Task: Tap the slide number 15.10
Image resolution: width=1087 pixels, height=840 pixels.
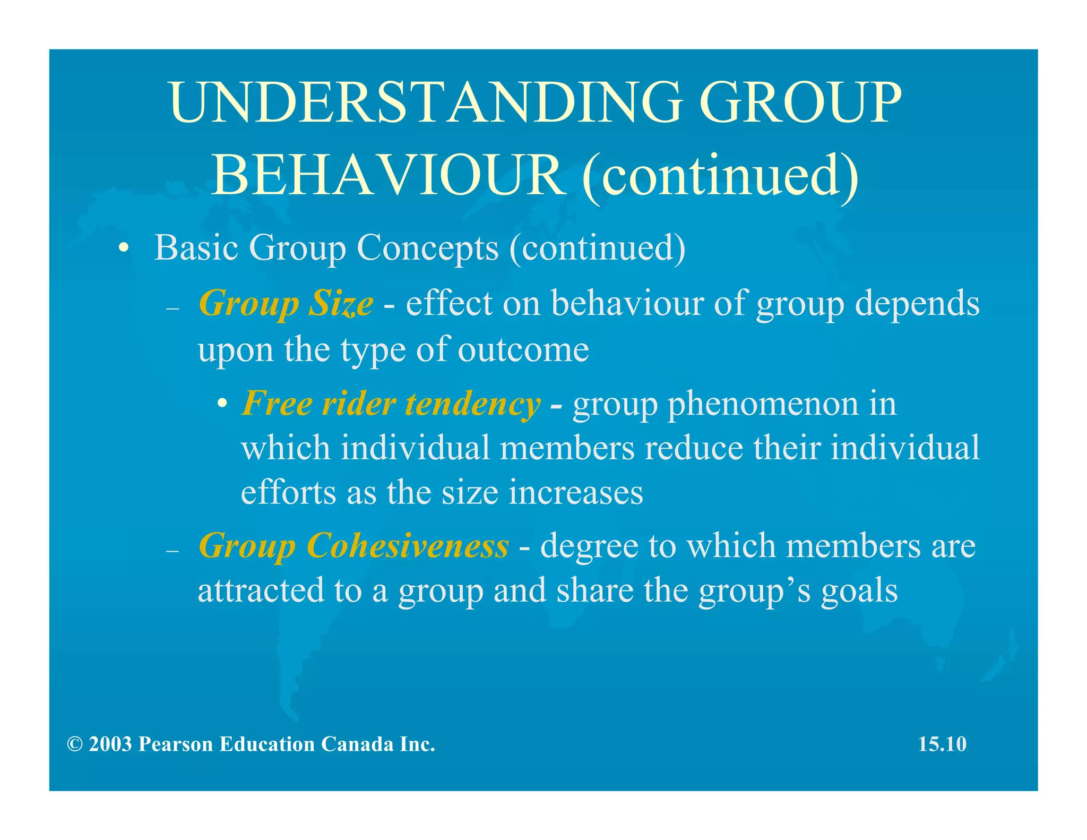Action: pos(942,744)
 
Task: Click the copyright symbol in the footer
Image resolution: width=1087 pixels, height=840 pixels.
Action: pos(75,744)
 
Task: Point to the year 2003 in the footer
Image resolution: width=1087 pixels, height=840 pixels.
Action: pos(110,744)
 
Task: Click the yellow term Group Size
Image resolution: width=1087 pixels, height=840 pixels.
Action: pos(286,304)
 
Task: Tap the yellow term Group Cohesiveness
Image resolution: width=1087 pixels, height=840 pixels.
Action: pos(353,546)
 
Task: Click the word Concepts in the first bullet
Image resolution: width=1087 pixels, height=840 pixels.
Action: pos(427,248)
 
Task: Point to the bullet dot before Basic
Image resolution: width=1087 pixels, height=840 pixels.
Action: pos(124,248)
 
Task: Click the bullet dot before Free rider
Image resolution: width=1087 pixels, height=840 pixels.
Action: pos(223,405)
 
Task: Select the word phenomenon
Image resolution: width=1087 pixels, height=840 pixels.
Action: pos(762,404)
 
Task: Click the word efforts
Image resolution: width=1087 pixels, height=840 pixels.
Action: pos(288,492)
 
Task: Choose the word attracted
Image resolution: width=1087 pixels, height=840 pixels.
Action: pos(261,590)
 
